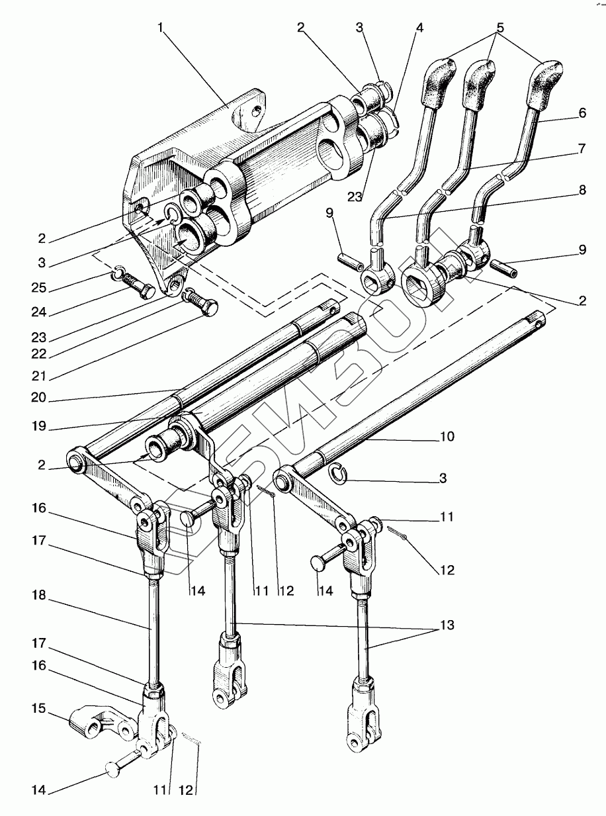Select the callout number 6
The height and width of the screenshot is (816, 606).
coord(582,113)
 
